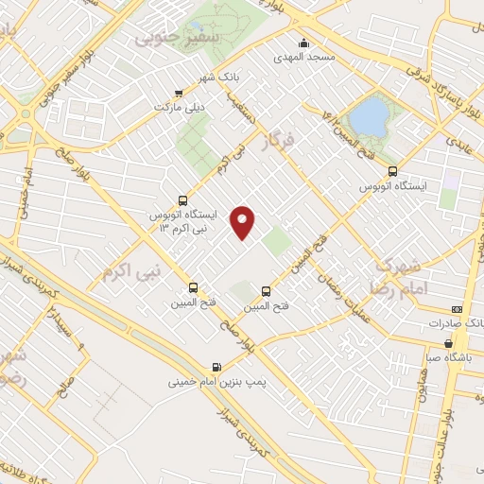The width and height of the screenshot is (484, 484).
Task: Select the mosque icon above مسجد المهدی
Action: pyautogui.click(x=303, y=42)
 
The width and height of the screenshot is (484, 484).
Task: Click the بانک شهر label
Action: pyautogui.click(x=226, y=76)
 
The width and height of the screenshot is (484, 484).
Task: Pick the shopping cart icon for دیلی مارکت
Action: pyautogui.click(x=178, y=93)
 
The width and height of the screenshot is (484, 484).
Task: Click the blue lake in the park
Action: pyautogui.click(x=368, y=117)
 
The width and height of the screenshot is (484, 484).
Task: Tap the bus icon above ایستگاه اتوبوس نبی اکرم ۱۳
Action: pyautogui.click(x=183, y=200)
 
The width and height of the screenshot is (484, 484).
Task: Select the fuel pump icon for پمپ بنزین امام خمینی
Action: pyautogui.click(x=218, y=367)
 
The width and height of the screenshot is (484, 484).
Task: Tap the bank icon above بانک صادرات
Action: pyautogui.click(x=458, y=309)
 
